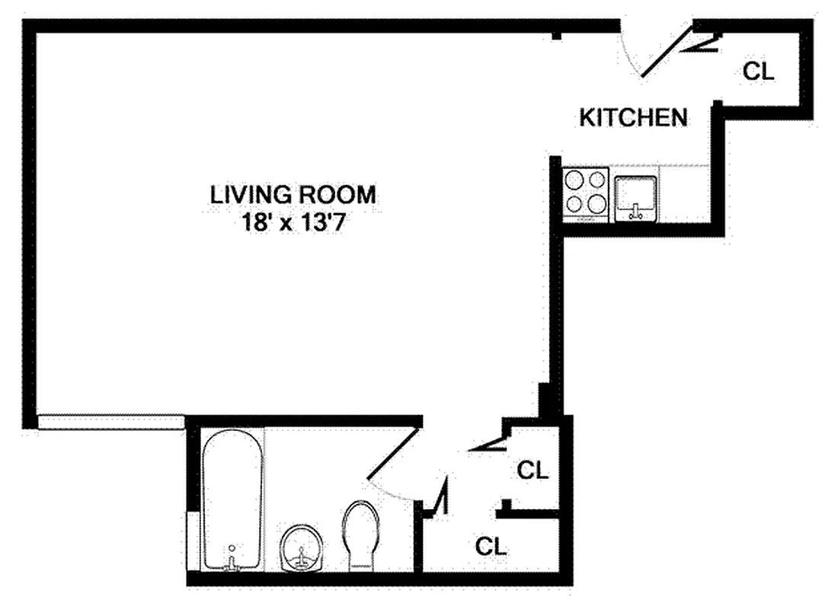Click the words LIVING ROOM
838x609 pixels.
coord(293,195)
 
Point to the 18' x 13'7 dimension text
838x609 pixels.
coord(293,225)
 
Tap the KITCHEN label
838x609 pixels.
coord(634,118)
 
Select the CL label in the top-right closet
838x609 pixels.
coord(758,72)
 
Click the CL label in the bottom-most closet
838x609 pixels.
coord(491,546)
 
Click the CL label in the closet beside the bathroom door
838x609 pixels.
coord(533,470)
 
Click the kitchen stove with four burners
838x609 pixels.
coord(585,193)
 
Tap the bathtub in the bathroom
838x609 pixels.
coord(232,499)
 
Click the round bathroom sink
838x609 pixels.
coord(302,546)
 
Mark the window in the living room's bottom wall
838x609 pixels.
coord(110,422)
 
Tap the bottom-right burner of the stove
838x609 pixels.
coord(597,204)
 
